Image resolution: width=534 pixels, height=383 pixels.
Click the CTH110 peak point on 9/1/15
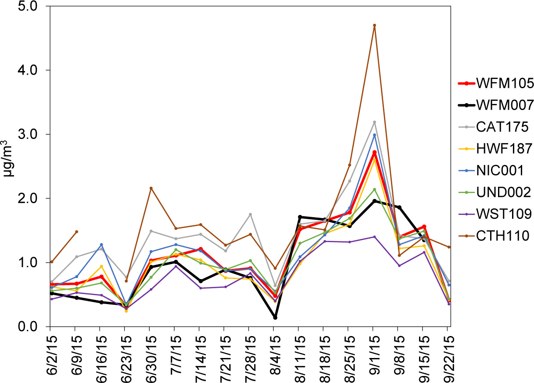374,25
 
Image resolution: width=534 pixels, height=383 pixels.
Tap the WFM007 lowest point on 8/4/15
275,318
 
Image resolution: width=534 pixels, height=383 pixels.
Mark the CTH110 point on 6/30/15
151,188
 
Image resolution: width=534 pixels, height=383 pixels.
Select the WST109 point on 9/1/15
374,237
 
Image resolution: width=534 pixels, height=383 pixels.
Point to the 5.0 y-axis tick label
31,7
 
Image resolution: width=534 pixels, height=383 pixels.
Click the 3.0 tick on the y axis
31,134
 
